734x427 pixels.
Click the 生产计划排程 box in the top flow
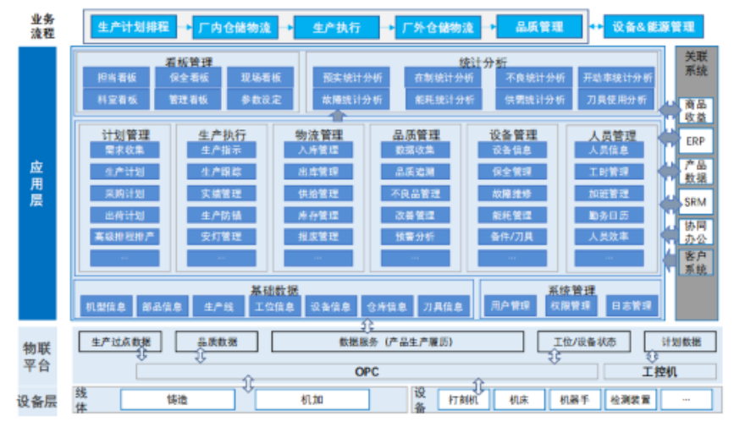(133, 27)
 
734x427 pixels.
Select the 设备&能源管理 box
(653, 27)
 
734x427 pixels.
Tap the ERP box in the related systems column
(695, 140)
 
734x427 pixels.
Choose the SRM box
(695, 203)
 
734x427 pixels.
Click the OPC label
(367, 371)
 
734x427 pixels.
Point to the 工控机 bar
(659, 371)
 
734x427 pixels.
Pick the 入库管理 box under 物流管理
(318, 151)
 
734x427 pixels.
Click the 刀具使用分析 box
(618, 99)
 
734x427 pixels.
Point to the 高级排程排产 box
(124, 237)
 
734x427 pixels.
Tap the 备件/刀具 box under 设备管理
(512, 237)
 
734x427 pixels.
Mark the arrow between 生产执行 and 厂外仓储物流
(386, 27)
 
